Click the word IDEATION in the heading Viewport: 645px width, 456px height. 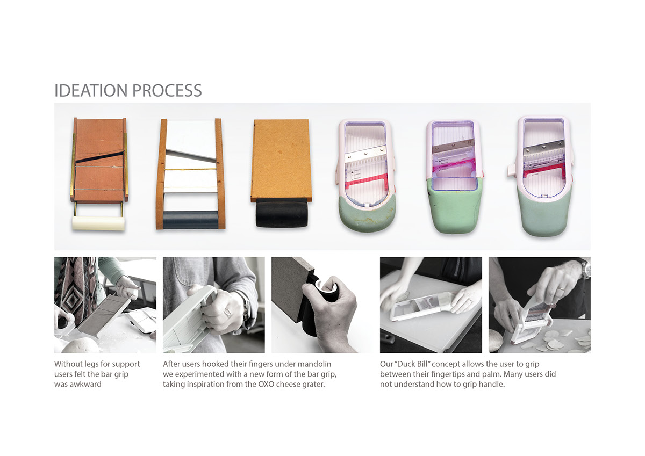(91, 90)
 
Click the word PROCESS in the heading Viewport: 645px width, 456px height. (167, 90)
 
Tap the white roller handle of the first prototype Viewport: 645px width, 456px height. (98, 223)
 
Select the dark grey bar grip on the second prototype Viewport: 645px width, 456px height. (190, 220)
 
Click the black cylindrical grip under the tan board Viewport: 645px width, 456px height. (282, 214)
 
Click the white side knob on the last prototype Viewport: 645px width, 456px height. (512, 172)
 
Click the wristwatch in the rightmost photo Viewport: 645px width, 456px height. (585, 269)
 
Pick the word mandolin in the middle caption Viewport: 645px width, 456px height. (314, 364)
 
